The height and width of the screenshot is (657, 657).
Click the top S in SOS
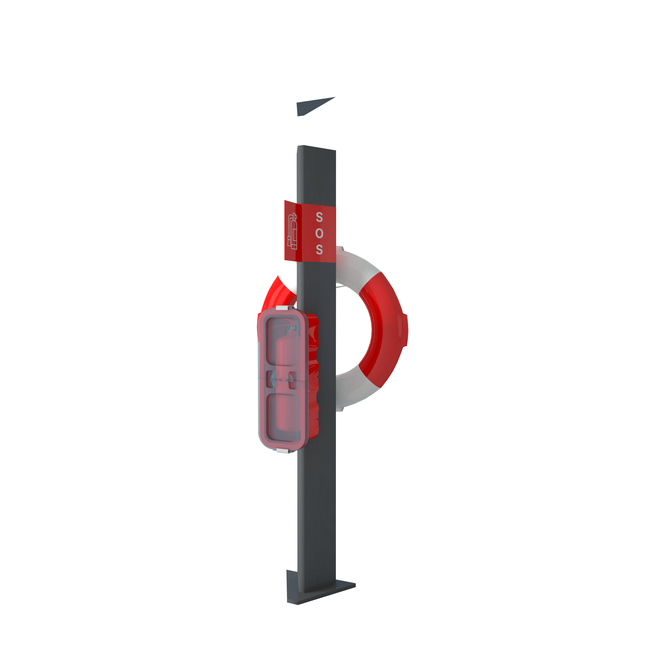pyautogui.click(x=319, y=217)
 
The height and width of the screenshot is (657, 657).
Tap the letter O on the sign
pyautogui.click(x=319, y=233)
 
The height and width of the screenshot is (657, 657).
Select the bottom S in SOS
pyautogui.click(x=319, y=249)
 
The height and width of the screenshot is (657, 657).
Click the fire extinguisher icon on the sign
pyautogui.click(x=292, y=231)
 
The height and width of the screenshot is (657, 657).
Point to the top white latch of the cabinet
pyautogui.click(x=285, y=308)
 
